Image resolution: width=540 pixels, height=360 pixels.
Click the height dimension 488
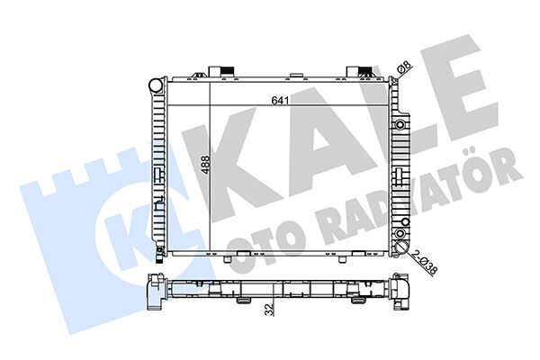point(205,166)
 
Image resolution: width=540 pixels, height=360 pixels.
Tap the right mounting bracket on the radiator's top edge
point(361,70)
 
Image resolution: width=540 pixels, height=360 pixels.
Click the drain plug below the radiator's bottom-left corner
point(157,261)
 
